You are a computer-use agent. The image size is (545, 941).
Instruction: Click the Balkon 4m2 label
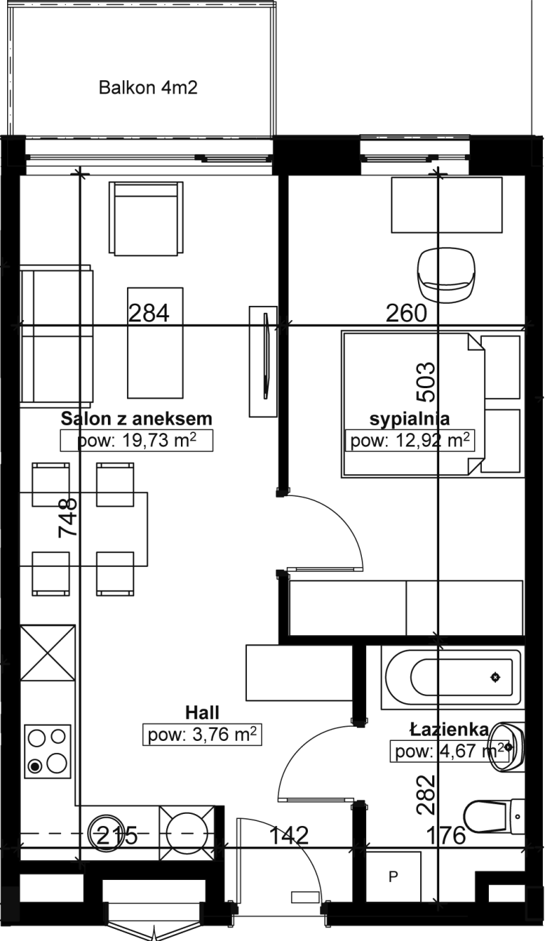click(148, 88)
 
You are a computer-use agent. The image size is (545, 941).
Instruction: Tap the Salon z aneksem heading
click(136, 419)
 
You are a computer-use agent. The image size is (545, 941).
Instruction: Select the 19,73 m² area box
click(136, 440)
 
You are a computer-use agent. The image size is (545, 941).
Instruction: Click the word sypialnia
click(409, 419)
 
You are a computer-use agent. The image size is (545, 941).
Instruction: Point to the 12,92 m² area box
click(409, 440)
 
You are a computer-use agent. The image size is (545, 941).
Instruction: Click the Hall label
click(202, 712)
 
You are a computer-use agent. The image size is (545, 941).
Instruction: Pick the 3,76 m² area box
click(202, 734)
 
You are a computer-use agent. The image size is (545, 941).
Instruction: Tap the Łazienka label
click(449, 730)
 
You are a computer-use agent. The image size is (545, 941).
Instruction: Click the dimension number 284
click(149, 314)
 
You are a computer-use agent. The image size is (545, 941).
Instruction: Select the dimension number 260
click(407, 314)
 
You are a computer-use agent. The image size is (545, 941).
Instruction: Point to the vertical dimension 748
click(68, 517)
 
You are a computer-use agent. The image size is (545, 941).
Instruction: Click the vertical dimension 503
click(425, 383)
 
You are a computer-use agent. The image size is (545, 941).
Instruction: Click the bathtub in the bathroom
click(453, 678)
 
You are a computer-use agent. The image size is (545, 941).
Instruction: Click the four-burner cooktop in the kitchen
click(48, 751)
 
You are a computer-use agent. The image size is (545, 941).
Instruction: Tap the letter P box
click(393, 876)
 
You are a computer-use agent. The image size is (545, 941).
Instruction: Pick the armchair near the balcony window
click(146, 218)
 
